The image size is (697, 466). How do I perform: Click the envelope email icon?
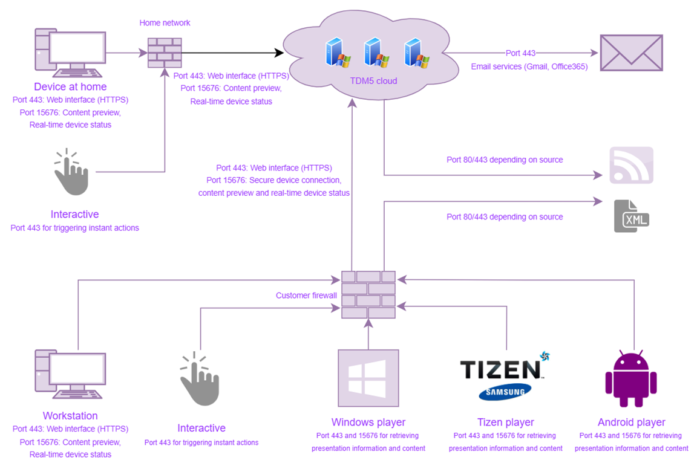tap(631, 53)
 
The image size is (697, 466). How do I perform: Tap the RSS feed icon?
tap(631, 165)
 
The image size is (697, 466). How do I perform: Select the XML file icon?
tap(631, 216)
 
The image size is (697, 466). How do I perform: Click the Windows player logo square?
tap(368, 378)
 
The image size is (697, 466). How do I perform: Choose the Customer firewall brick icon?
tap(368, 294)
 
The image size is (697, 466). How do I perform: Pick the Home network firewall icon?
tap(165, 53)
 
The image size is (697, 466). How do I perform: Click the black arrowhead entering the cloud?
tap(279, 53)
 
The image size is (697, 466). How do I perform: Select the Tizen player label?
tap(505, 422)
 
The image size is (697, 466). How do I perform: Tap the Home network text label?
tap(165, 23)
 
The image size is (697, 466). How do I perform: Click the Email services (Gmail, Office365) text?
tap(529, 66)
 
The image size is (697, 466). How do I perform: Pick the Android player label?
tap(631, 422)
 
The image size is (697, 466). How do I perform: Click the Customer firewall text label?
tap(306, 296)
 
